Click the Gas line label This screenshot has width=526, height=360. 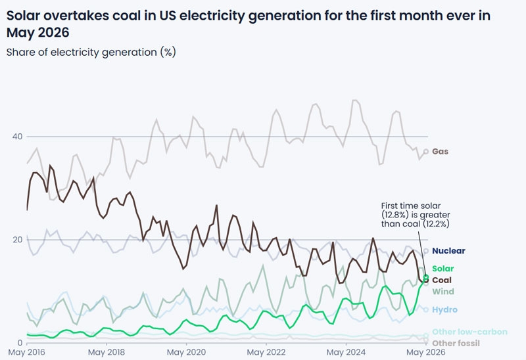[440, 152]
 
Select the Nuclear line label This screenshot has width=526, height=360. [448, 251]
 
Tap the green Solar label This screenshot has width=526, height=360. [442, 269]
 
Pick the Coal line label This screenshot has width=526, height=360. [442, 280]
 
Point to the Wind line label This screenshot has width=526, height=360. [442, 291]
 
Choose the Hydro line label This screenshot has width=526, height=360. [444, 309]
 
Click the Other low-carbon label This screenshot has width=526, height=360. [469, 332]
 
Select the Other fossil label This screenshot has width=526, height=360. [456, 343]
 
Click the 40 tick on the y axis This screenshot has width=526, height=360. [18, 137]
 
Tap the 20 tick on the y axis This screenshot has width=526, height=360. [18, 240]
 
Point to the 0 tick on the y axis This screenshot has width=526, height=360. [20, 343]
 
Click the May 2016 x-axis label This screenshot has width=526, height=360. [26, 352]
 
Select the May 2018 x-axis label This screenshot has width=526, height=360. [107, 352]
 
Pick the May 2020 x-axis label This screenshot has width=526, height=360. [186, 352]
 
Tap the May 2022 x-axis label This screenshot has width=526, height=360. [266, 352]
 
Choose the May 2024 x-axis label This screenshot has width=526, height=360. [346, 352]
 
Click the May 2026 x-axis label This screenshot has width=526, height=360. [425, 352]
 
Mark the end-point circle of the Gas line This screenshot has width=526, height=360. [426, 152]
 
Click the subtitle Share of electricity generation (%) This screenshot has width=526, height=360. [91, 53]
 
